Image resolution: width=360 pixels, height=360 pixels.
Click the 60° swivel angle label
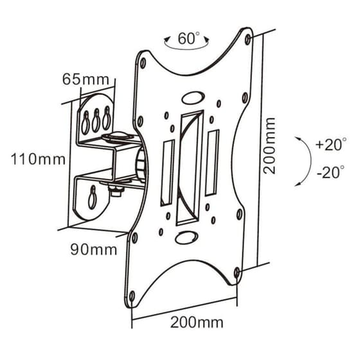[187, 39]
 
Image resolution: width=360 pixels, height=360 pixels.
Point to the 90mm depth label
[94, 249]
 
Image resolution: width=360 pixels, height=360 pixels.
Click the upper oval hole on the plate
[192, 99]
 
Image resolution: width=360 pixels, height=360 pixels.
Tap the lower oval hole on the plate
[184, 237]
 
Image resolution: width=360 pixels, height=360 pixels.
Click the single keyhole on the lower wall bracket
[93, 195]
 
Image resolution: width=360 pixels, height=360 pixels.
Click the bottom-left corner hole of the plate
[132, 296]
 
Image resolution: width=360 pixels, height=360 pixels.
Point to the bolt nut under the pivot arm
[116, 189]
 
